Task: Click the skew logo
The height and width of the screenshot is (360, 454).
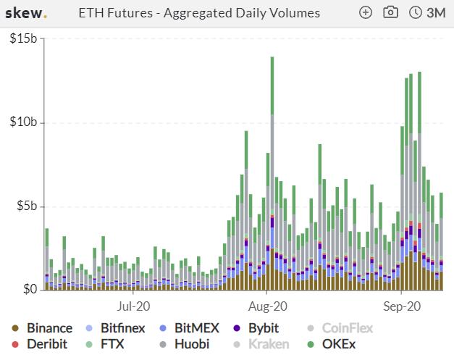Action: [26, 13]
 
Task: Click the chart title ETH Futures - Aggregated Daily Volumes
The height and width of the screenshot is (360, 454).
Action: [199, 13]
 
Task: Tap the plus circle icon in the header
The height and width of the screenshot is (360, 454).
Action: [366, 13]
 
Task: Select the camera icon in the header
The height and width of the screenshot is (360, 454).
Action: [390, 12]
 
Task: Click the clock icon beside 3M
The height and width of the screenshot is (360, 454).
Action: [415, 13]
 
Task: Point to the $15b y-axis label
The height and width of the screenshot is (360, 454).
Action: [23, 38]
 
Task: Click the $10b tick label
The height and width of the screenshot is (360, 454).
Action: [23, 122]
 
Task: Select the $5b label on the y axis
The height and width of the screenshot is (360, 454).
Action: [27, 206]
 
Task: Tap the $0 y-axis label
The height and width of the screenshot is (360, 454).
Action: [30, 289]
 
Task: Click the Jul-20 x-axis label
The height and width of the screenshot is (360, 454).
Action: [133, 306]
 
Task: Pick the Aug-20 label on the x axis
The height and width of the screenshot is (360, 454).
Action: [267, 306]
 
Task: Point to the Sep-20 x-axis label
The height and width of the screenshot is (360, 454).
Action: [402, 306]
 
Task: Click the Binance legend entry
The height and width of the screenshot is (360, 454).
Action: [42, 328]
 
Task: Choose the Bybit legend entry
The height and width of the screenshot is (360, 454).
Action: [256, 328]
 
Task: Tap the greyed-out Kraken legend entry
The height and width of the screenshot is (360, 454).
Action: [261, 344]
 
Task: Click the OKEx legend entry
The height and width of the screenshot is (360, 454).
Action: [331, 344]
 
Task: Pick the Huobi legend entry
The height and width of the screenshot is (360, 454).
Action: [184, 344]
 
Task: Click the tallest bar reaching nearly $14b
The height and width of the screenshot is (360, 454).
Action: [272, 174]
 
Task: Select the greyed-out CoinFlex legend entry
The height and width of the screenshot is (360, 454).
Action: [340, 328]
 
